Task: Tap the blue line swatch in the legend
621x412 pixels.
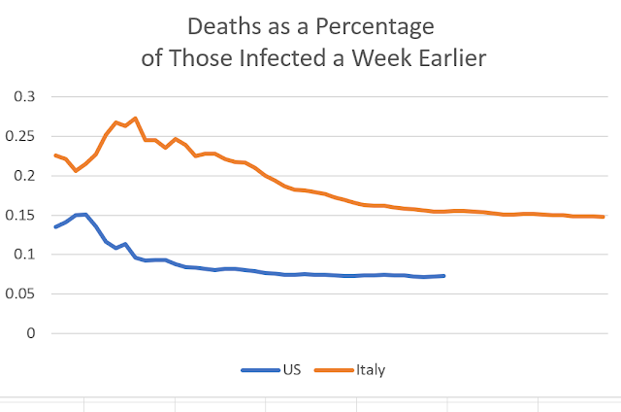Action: coord(258,370)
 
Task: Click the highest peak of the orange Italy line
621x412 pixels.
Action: coord(135,119)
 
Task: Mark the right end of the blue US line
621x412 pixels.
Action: coord(444,276)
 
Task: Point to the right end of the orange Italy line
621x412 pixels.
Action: coord(604,217)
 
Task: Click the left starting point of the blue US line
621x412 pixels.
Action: coord(55,227)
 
